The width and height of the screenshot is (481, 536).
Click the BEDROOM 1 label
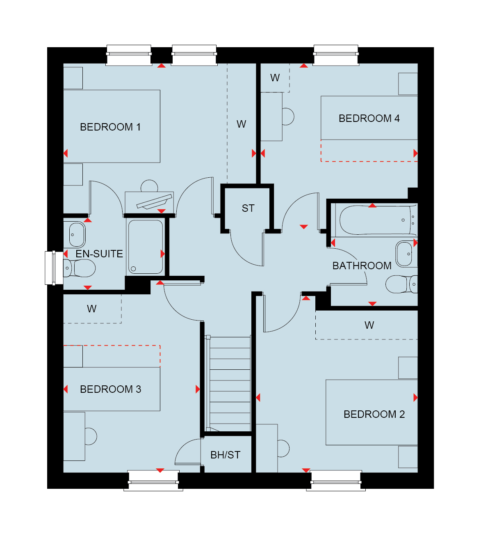(110, 127)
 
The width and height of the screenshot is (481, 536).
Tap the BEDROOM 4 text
(369, 118)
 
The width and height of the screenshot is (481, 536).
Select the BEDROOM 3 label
(110, 389)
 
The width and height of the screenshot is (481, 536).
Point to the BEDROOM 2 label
(374, 414)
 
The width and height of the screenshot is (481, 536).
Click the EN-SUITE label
(99, 254)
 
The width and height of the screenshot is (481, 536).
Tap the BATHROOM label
(362, 266)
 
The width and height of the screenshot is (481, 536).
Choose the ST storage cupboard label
(248, 208)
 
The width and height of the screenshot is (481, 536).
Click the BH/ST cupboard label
(225, 455)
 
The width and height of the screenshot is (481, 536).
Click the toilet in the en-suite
(79, 268)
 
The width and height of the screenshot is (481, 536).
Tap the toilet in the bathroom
(401, 284)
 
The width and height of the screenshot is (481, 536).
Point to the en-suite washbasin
(77, 235)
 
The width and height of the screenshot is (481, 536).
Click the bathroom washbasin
(406, 254)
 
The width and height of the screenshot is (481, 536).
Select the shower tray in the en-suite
(145, 247)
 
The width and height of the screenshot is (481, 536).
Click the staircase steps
(229, 384)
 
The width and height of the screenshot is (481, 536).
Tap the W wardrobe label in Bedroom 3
(92, 309)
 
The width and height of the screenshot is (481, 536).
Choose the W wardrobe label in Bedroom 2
(369, 325)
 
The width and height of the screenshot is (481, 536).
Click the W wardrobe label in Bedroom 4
(275, 78)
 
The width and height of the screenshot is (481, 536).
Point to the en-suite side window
(54, 268)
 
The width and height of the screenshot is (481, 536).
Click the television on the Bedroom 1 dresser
(154, 202)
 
